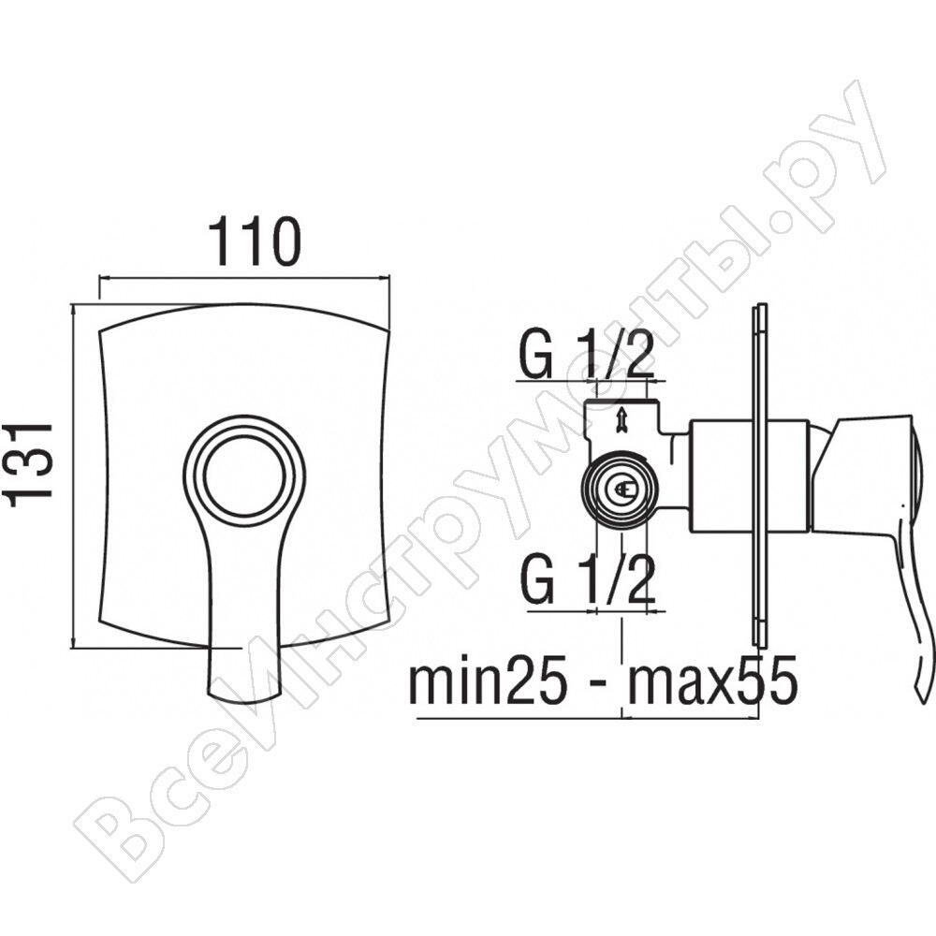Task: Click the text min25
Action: click(488, 680)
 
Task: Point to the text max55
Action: click(712, 680)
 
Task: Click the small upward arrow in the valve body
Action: click(622, 418)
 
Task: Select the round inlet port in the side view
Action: click(622, 488)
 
